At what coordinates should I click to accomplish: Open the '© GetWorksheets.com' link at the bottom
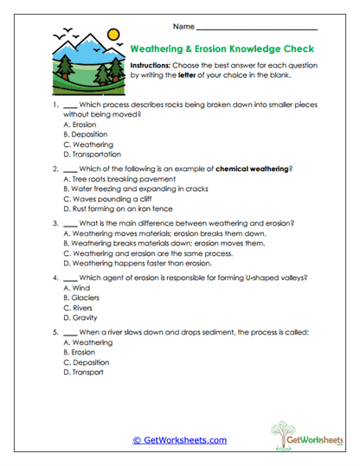click(x=179, y=440)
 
